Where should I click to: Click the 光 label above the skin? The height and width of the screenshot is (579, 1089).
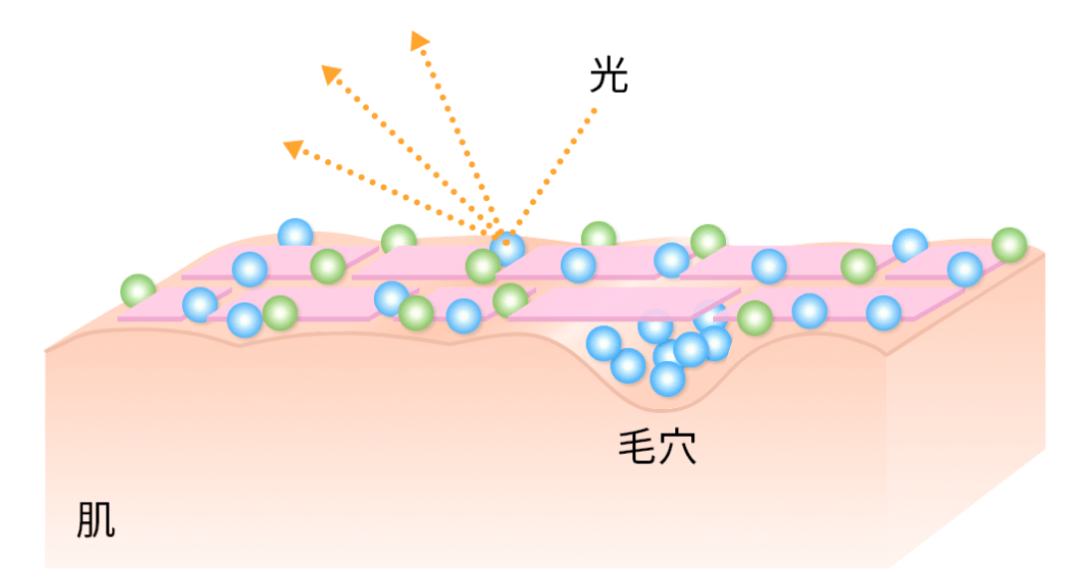tap(608, 76)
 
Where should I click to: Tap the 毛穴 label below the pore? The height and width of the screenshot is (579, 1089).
tap(656, 449)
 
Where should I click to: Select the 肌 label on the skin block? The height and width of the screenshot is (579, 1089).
tap(95, 519)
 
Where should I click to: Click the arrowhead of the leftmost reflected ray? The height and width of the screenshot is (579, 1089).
tap(291, 148)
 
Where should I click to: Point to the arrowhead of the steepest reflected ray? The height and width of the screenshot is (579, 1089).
tap(419, 40)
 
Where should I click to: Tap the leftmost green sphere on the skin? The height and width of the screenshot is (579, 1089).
tap(138, 290)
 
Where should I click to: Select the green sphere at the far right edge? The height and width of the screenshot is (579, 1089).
tap(1008, 244)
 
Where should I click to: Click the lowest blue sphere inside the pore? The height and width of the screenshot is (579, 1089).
tap(667, 378)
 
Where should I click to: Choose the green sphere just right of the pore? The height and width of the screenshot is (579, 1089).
tap(755, 317)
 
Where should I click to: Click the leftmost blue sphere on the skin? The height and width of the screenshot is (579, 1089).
tap(200, 304)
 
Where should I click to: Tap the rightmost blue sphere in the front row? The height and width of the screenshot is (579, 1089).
tap(883, 312)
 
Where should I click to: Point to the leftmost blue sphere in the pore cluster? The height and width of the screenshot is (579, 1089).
tap(604, 343)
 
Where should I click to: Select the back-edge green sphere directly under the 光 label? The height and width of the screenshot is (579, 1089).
tap(599, 236)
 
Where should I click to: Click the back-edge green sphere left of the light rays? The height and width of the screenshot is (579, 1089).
tap(399, 240)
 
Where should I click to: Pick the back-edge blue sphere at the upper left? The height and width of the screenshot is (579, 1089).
tap(295, 234)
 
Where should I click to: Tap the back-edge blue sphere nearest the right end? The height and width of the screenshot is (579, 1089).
tap(910, 245)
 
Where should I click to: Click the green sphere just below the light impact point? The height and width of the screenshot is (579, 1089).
tap(483, 267)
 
